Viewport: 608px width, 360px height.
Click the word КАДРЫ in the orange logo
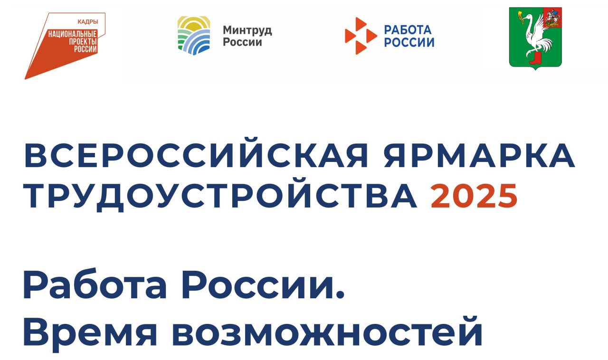88,22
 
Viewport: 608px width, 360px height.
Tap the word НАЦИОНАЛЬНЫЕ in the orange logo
73,34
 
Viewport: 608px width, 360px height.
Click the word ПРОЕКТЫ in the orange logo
83,41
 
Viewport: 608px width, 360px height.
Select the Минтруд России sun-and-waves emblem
194,36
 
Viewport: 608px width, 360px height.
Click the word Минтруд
247,30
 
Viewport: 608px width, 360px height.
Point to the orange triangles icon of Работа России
361,36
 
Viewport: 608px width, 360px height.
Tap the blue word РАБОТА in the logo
408,30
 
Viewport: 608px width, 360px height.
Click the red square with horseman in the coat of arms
552,18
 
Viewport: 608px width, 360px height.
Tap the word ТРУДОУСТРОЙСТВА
220,196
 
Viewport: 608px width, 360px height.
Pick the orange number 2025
474,196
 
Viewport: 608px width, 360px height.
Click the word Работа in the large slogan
95,284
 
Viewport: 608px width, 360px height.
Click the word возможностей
327,332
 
